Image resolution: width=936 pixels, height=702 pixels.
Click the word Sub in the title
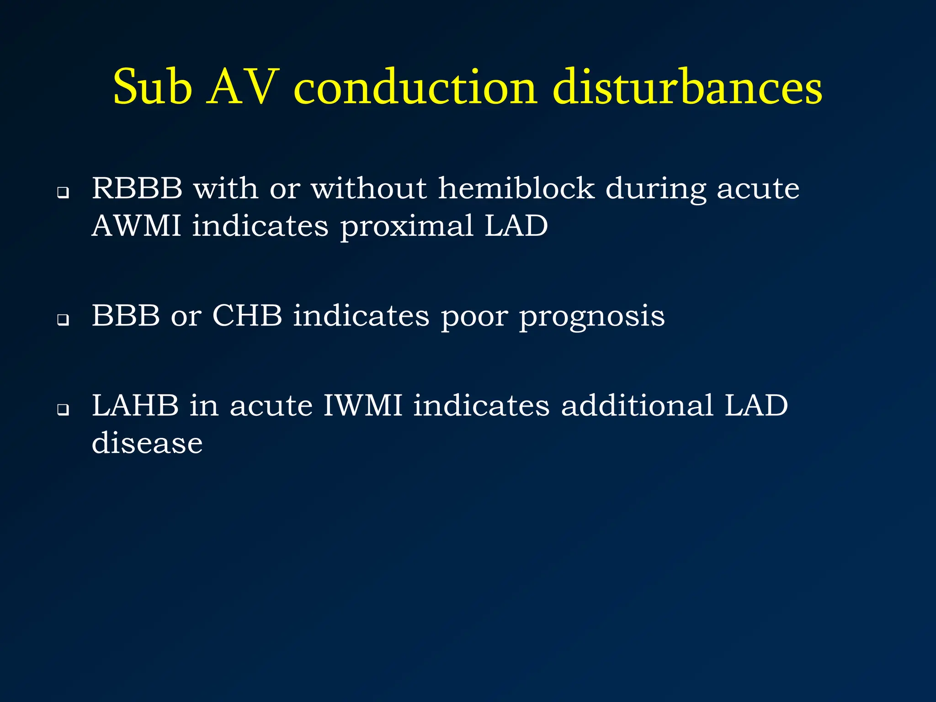point(152,87)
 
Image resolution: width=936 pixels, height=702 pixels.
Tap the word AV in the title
point(243,87)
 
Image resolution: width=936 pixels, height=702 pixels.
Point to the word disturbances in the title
point(687,87)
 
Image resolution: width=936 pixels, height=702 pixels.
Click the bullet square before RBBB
point(63,193)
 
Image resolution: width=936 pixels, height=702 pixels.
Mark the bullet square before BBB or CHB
point(63,320)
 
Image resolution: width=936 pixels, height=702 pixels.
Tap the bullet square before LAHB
point(63,410)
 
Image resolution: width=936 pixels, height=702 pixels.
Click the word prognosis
point(592,317)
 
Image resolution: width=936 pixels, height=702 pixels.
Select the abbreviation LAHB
point(135,405)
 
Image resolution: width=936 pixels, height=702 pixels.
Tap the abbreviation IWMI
point(362,405)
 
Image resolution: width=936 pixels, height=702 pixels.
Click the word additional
point(637,405)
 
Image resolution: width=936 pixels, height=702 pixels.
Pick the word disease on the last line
point(147,443)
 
